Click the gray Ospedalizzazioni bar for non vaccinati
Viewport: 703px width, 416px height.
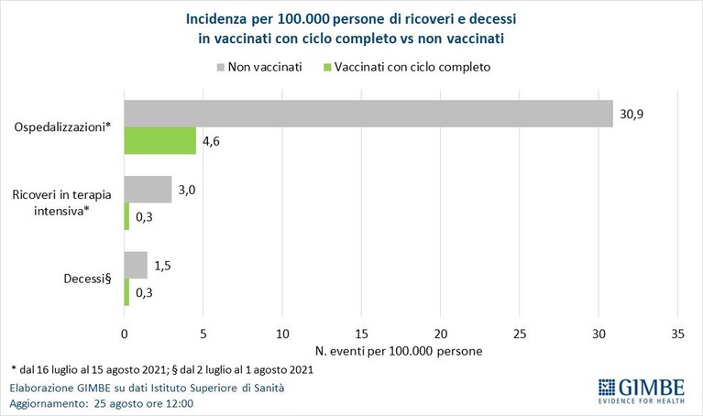(x=368, y=114)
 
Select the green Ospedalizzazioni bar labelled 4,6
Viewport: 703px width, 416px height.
(x=160, y=141)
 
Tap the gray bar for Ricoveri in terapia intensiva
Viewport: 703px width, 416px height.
(x=148, y=189)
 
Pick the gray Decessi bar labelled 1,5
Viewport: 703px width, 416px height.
(x=136, y=265)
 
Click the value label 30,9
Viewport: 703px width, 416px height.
(x=632, y=115)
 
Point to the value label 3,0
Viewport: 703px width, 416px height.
(x=187, y=190)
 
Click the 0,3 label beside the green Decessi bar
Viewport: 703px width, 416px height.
(x=144, y=292)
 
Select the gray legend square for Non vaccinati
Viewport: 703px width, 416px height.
(x=221, y=68)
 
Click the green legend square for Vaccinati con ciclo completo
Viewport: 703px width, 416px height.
(x=327, y=68)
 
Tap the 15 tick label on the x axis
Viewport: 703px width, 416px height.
(x=361, y=334)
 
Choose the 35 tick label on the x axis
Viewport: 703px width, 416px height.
(x=678, y=334)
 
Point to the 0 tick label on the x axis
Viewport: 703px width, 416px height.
(x=124, y=334)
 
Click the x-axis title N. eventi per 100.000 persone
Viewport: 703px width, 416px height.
(x=399, y=351)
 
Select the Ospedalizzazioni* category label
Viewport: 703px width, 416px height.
(x=62, y=127)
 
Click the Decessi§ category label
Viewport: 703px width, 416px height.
(x=87, y=279)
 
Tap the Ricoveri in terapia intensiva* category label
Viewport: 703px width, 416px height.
(x=62, y=203)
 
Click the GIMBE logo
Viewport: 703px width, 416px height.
(x=641, y=391)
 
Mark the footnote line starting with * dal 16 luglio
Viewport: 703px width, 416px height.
(x=162, y=370)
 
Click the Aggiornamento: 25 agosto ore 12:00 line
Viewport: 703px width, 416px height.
(x=102, y=403)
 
